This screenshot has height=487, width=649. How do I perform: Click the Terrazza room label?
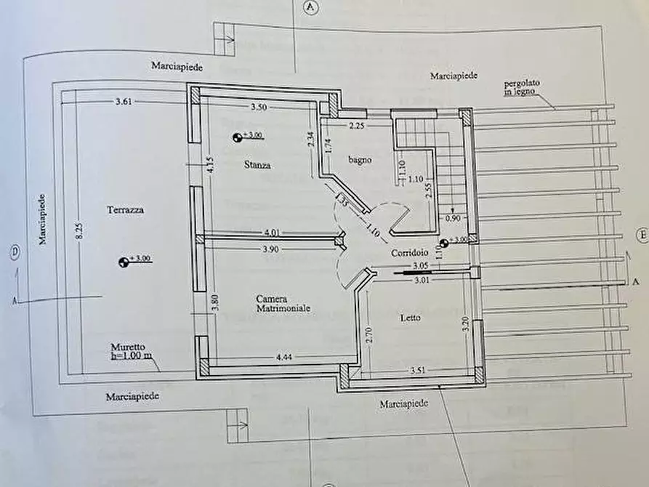[x=125, y=210]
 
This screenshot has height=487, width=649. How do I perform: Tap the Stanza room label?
[x=257, y=165]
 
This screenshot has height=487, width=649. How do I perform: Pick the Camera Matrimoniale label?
[x=283, y=303]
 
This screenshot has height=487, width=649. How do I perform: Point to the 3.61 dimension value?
[x=124, y=102]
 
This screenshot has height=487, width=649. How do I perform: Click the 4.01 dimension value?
[x=273, y=233]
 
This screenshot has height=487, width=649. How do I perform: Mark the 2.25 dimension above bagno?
[x=356, y=127]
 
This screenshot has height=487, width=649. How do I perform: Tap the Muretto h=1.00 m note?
[x=132, y=351]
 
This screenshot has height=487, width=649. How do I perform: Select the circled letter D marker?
[x=14, y=251]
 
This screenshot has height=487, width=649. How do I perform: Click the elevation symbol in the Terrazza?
[x=123, y=262]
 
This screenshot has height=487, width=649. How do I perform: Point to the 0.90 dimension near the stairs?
[x=451, y=217]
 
